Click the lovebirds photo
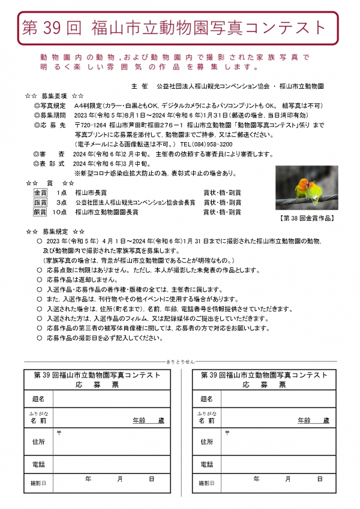click(x=307, y=188)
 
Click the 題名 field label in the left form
click(x=37, y=399)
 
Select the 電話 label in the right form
click(x=206, y=464)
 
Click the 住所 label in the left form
click(x=37, y=442)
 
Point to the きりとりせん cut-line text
click(x=179, y=363)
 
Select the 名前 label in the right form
click(x=206, y=421)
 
